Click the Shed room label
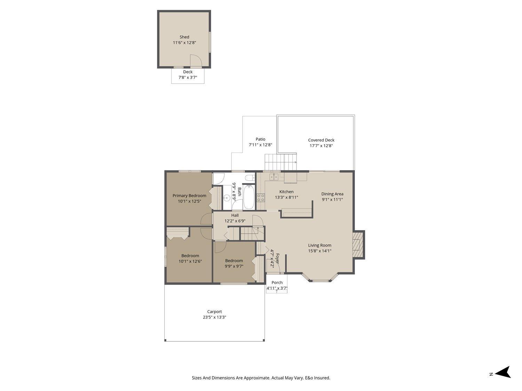coord(184,37)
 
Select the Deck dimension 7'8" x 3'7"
coord(188,78)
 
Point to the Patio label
coord(260,139)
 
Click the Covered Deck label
coord(321,140)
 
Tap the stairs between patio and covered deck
coord(281,162)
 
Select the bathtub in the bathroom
coord(249,197)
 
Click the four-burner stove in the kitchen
coord(261,198)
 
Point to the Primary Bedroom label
coord(189,196)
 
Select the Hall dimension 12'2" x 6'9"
coord(235,221)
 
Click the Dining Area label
coord(332,194)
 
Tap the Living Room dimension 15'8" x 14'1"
coord(319,251)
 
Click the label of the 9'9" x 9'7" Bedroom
coord(234,261)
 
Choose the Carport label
coord(214,312)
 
